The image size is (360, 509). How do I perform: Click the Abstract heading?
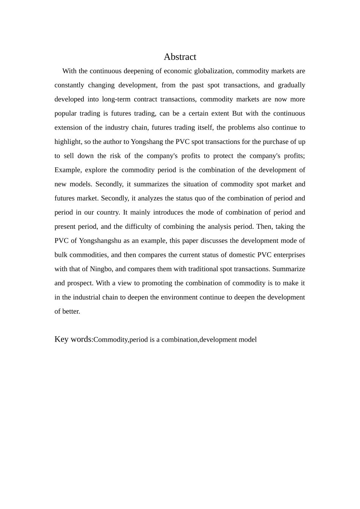pyautogui.click(x=180, y=57)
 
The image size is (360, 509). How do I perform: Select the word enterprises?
pyautogui.click(x=289, y=255)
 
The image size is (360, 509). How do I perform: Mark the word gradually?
pyautogui.click(x=291, y=85)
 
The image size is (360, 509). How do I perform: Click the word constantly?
pyautogui.click(x=69, y=85)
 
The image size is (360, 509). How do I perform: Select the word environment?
pyautogui.click(x=180, y=297)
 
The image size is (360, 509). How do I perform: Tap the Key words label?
pyautogui.click(x=73, y=339)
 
